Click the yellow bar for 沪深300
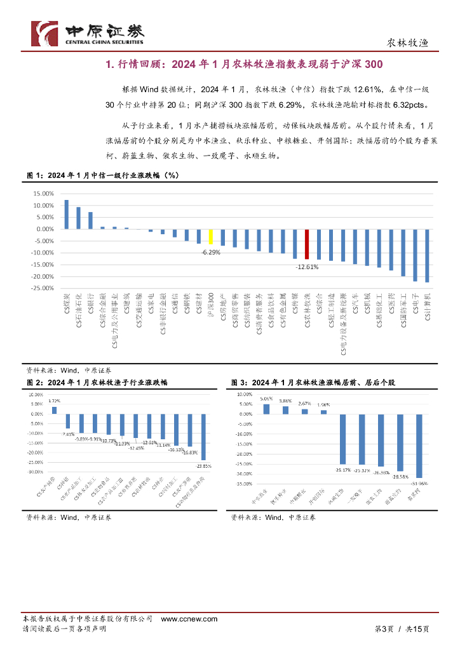tap(211, 236)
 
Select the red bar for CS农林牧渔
tap(307, 245)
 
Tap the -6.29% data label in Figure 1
tap(211, 253)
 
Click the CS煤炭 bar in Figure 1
tap(66, 215)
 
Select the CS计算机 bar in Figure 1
tap(427, 256)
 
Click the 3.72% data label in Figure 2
tap(54, 401)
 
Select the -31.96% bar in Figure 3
tap(419, 446)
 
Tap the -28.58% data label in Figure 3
tap(400, 476)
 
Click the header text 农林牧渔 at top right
tap(408, 44)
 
